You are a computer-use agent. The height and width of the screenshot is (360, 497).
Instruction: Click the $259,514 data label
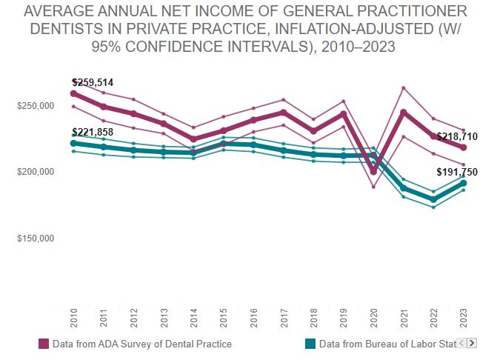tap(93, 82)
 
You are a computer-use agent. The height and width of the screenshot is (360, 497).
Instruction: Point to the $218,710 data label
tap(457, 136)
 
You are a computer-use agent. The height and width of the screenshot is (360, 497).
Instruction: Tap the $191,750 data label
tap(457, 171)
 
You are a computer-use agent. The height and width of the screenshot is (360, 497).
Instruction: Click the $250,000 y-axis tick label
tap(35, 105)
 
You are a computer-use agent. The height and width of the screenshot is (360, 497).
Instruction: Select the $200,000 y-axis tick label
tap(35, 172)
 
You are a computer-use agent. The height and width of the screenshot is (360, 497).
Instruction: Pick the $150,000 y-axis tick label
tap(35, 239)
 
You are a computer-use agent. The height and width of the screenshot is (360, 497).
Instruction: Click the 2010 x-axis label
tap(74, 316)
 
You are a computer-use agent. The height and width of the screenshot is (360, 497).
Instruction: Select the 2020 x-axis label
tap(373, 316)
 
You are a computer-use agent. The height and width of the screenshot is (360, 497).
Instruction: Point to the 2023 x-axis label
tap(463, 316)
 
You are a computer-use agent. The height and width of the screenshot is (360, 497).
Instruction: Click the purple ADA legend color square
tap(44, 344)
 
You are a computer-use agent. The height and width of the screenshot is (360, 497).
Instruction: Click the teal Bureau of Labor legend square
tap(310, 344)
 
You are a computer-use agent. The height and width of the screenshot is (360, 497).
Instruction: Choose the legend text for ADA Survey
tap(141, 344)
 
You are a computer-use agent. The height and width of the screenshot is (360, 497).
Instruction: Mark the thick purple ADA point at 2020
tap(373, 171)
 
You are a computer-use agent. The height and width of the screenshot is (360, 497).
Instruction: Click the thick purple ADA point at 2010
tap(74, 93)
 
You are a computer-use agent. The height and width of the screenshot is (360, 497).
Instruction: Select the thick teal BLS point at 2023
tap(463, 183)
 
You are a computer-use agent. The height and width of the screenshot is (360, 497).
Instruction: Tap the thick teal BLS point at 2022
tap(433, 199)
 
